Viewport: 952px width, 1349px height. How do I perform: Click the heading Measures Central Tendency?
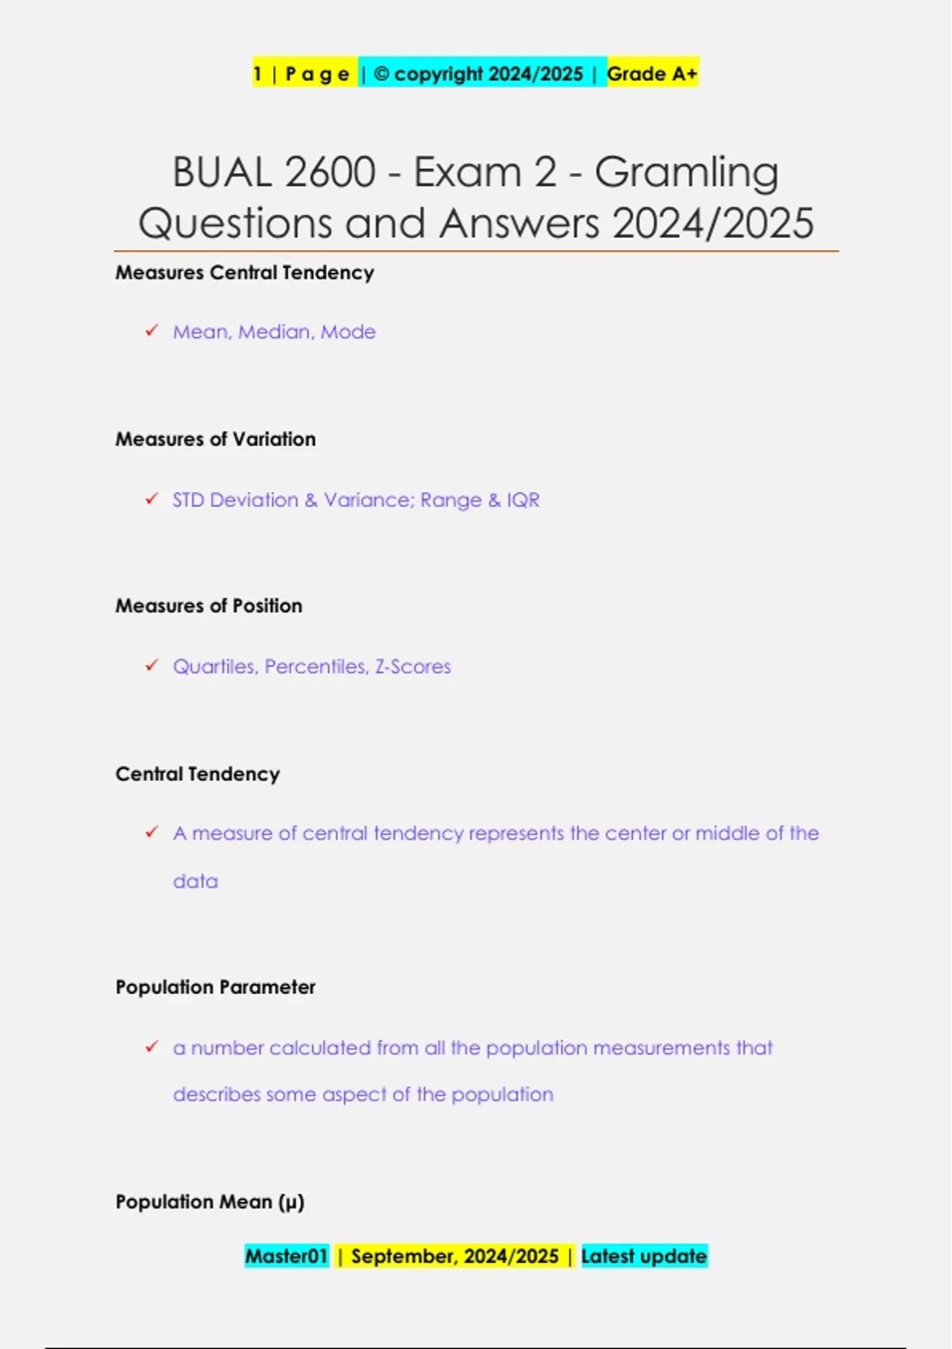244,272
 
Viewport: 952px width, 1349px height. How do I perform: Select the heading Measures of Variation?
215,439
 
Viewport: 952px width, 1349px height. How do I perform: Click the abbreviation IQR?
523,500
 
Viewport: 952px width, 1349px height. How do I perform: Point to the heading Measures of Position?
209,605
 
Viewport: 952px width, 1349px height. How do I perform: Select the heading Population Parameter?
215,987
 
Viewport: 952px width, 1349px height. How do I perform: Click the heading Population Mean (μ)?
209,1201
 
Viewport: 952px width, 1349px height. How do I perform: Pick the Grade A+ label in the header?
652,74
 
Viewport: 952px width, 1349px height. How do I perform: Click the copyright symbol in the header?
381,74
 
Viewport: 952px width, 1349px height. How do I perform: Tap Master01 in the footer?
286,1256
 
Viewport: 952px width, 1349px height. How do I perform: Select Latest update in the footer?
643,1256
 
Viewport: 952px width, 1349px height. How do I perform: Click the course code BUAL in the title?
223,172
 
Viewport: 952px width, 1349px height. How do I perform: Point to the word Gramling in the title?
687,172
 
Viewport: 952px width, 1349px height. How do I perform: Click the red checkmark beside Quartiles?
152,665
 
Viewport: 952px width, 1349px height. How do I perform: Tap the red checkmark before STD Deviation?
152,498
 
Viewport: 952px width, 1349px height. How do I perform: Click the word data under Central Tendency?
195,881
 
